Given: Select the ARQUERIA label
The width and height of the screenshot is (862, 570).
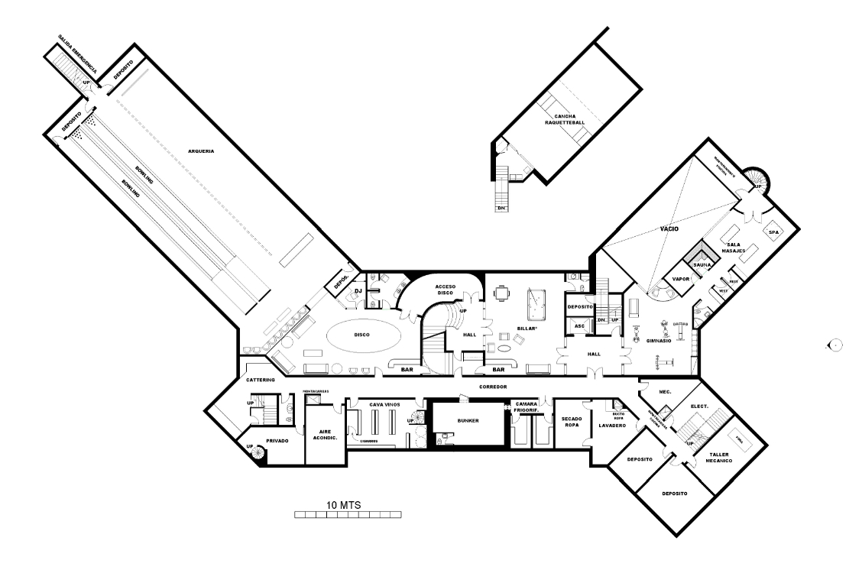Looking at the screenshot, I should pyautogui.click(x=201, y=151).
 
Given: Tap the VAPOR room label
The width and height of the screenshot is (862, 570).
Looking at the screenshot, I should pyautogui.click(x=681, y=280).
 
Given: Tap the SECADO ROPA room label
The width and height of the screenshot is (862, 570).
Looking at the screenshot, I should pyautogui.click(x=572, y=422).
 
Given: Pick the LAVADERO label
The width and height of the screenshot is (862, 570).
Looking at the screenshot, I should pyautogui.click(x=612, y=426).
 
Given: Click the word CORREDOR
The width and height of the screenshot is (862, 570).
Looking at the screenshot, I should pyautogui.click(x=493, y=387).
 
